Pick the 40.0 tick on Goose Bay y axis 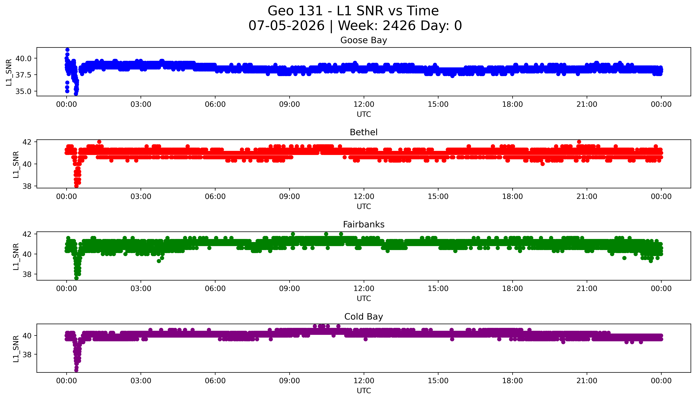23,59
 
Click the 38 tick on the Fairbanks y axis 27,274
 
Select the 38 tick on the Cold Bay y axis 27,354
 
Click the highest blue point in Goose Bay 67,50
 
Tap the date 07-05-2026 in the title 286,26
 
